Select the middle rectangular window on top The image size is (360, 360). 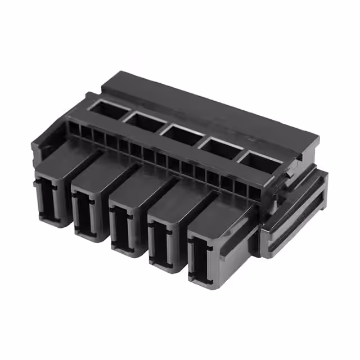point(182,133)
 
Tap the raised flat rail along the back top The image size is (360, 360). point(214,112)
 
